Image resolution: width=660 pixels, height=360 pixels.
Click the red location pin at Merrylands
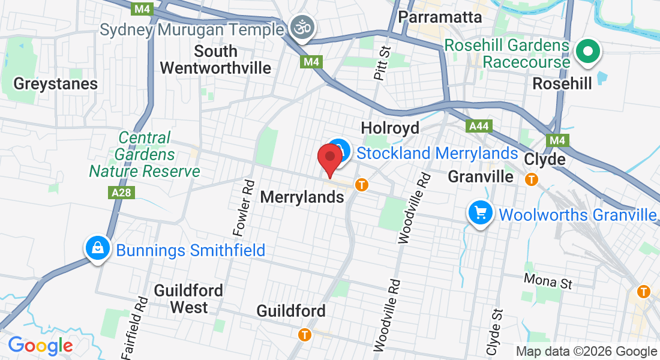tap(329, 158)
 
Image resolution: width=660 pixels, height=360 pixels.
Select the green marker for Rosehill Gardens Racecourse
tap(587, 52)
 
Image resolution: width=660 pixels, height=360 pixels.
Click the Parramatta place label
tap(440, 17)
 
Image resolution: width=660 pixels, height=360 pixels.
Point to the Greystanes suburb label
tap(55, 83)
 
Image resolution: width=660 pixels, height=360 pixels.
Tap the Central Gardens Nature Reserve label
tap(144, 155)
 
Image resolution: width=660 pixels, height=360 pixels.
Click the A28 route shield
tap(122, 193)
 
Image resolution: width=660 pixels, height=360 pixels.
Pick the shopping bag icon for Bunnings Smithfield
tap(97, 248)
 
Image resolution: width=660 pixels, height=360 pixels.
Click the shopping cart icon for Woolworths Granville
tap(481, 214)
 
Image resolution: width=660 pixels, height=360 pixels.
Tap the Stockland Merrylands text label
tap(437, 153)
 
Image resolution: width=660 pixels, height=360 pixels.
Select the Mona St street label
tap(548, 280)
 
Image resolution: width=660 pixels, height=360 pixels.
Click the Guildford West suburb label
tap(188, 299)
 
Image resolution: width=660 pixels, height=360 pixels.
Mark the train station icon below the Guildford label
tap(305, 334)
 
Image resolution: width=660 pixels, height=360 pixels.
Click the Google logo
tap(40, 346)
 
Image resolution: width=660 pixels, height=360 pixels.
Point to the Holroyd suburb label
tap(389, 128)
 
